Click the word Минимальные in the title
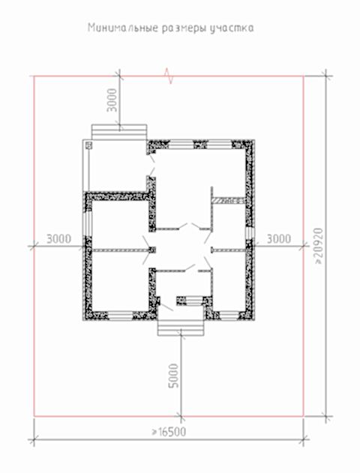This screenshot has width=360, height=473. click(x=123, y=28)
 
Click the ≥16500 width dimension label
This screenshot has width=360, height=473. click(x=169, y=432)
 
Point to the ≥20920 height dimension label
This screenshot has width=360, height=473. click(x=319, y=247)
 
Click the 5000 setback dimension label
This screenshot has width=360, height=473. click(x=173, y=376)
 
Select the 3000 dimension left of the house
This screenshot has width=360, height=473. click(x=58, y=239)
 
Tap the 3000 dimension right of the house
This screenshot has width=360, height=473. click(x=279, y=239)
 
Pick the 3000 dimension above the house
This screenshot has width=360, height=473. click(x=112, y=100)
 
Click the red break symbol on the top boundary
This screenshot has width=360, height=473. click(x=169, y=76)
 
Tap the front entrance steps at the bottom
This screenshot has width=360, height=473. click(x=181, y=328)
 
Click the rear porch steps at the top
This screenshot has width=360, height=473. click(x=119, y=132)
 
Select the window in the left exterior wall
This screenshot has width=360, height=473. click(x=88, y=223)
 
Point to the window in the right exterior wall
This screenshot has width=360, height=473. click(x=250, y=233)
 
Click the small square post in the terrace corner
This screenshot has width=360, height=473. click(x=88, y=145)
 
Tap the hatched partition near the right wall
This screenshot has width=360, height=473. click(x=229, y=201)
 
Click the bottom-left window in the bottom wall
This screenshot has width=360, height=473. click(x=121, y=316)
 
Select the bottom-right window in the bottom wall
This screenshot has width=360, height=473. click(x=229, y=316)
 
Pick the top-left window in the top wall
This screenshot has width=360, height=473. click(x=181, y=145)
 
